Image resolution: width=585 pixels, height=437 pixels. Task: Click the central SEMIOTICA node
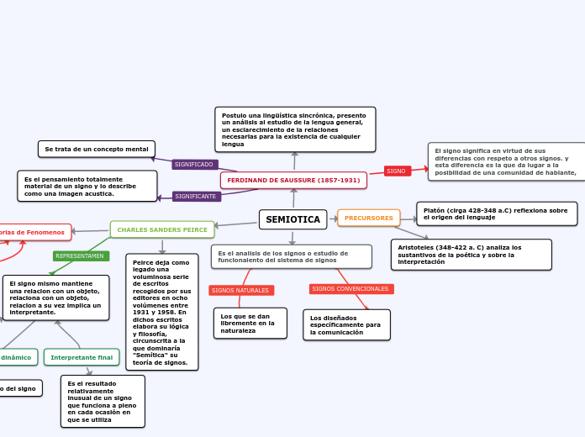click(x=292, y=219)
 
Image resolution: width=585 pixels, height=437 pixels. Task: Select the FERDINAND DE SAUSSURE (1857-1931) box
click(x=293, y=181)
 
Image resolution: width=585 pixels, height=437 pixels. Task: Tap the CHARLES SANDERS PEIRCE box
click(x=162, y=229)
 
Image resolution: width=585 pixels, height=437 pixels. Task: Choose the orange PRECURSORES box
click(x=369, y=218)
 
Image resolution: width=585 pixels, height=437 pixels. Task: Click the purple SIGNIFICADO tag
click(x=194, y=165)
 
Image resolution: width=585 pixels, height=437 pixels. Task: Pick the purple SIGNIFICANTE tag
click(x=197, y=197)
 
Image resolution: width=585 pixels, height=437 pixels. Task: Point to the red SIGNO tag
click(x=397, y=171)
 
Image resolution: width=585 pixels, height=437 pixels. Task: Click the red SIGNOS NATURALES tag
click(x=240, y=290)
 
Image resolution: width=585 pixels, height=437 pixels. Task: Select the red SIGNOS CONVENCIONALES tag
click(x=350, y=289)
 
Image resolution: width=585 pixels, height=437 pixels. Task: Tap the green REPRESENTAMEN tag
click(x=80, y=255)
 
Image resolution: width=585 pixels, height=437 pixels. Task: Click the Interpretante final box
click(x=82, y=357)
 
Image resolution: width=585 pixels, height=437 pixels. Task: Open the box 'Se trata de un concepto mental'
click(x=97, y=149)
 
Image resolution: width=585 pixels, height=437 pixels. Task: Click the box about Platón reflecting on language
click(x=496, y=213)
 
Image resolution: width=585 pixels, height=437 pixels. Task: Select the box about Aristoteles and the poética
click(x=471, y=255)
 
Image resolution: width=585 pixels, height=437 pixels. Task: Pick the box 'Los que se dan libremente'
click(x=250, y=324)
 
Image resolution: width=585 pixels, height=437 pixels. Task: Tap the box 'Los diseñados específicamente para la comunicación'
click(x=346, y=325)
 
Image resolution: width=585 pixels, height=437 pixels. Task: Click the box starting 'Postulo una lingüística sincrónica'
click(x=294, y=129)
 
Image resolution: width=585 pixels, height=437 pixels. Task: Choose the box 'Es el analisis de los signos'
click(x=291, y=256)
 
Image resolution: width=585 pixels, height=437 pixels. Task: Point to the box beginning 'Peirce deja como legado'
click(x=161, y=312)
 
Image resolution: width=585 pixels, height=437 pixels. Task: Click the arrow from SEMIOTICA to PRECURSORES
click(x=333, y=218)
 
